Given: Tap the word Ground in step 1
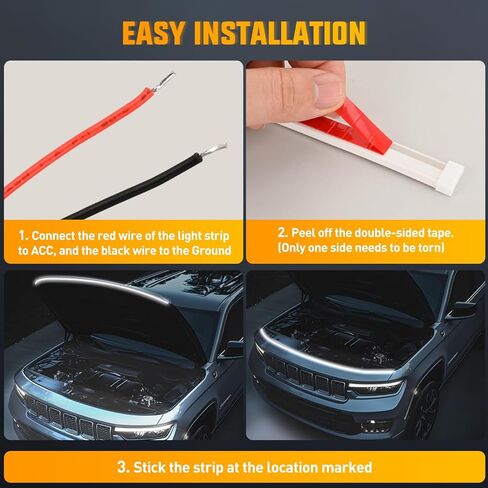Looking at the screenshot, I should [206, 250].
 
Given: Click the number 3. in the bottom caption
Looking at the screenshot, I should [122, 466].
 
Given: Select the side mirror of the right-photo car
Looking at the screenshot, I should [461, 309].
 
